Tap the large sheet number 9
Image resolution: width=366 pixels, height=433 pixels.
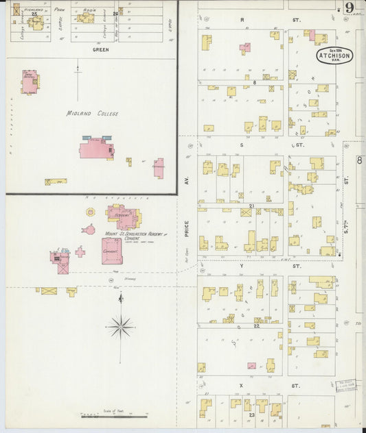350,8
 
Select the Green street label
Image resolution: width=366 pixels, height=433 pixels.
100,50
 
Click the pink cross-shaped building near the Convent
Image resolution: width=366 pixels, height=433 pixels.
80,251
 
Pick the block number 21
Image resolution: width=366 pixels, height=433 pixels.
252,206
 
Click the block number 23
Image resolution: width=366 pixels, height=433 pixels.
252,415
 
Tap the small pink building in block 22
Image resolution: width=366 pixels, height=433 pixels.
251,366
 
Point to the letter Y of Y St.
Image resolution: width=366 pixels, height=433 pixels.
242,264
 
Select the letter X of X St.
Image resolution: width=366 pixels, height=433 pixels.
241,386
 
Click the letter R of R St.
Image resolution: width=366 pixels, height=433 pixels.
242,21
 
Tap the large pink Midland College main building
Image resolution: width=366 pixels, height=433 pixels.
96,147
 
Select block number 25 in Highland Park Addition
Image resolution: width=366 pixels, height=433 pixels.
33,13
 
